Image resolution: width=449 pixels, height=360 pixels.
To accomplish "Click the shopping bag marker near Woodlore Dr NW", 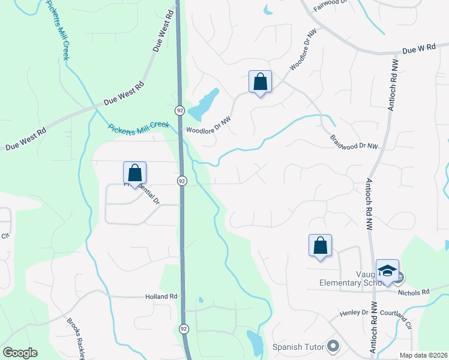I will click(260, 82).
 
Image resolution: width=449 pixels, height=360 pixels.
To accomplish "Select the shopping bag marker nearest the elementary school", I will click(320, 245).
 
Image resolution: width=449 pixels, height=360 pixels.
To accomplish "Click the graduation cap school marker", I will click(387, 272).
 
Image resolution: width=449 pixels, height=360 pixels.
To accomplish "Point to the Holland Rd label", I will click(161, 296).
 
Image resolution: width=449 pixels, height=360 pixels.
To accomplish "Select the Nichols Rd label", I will click(418, 292).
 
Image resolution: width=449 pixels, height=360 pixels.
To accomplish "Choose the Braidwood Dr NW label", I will click(354, 142).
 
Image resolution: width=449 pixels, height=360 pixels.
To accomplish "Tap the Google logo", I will click(20, 353).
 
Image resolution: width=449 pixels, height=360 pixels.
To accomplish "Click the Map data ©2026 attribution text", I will click(423, 355).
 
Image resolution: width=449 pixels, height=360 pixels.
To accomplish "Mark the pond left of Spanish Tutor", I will click(255, 342).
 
